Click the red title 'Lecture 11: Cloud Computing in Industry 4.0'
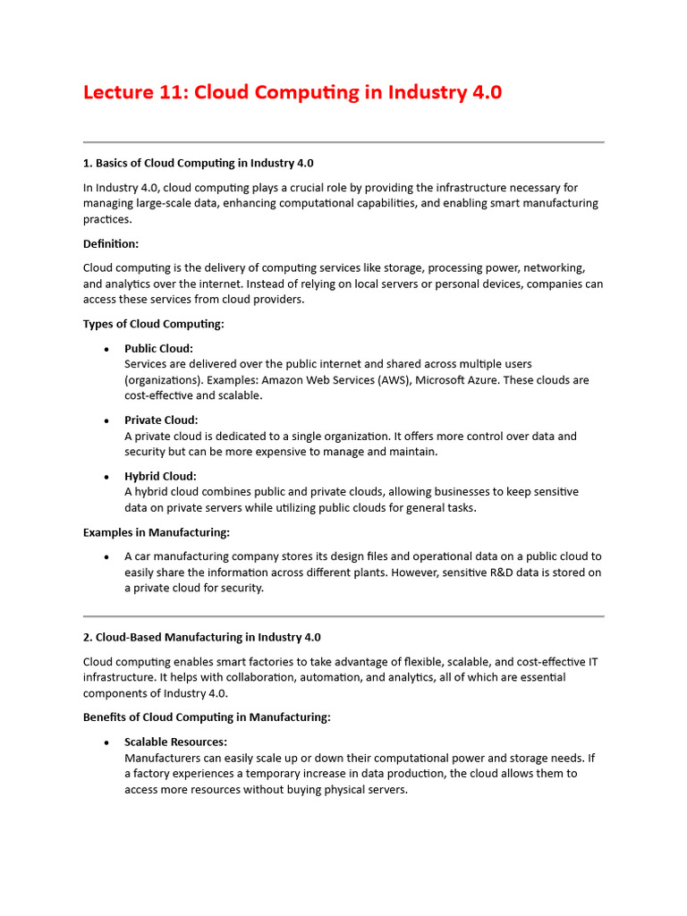coord(293,93)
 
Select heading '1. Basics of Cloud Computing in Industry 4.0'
coord(198,163)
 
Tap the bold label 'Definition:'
coord(111,243)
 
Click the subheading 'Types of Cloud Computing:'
coord(153,324)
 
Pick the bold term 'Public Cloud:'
coord(158,348)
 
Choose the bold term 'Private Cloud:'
coord(161,420)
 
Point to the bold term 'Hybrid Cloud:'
coord(160,476)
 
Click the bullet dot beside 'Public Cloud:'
coord(106,349)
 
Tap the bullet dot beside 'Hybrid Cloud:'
coord(106,477)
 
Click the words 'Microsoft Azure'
coord(459,380)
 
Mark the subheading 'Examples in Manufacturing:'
coord(157,532)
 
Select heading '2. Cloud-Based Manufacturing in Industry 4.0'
coord(201,637)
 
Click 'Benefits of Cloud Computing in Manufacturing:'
coord(207,717)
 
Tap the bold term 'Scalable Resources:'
coord(175,742)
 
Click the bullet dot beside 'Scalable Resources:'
coord(106,742)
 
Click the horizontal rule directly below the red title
coord(343,142)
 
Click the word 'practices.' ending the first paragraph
coord(107,219)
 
